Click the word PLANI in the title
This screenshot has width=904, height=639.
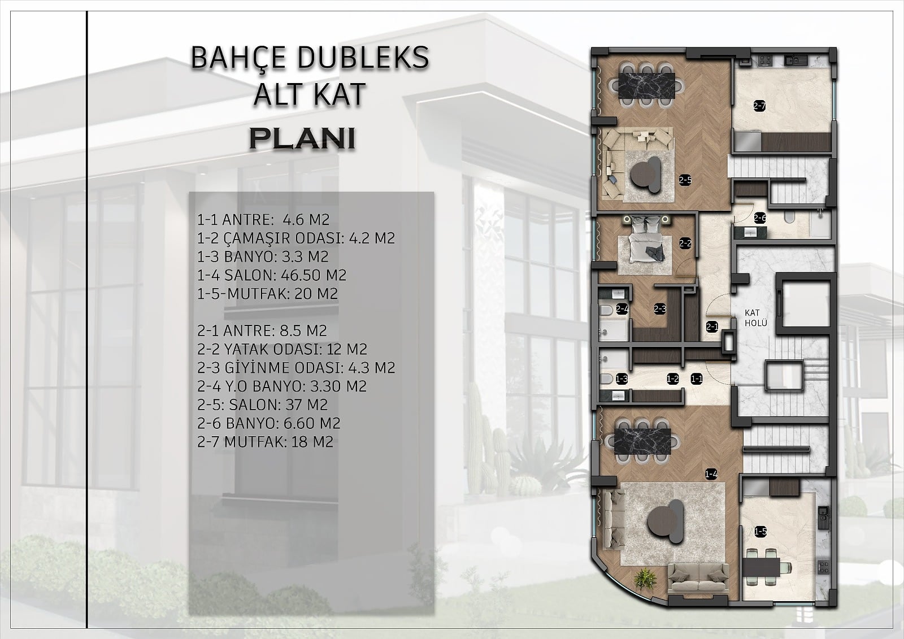[x=302, y=139]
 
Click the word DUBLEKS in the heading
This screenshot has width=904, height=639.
[x=363, y=57]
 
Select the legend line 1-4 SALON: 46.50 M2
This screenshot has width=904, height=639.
[x=272, y=275]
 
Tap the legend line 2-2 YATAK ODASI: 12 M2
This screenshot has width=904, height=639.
[x=282, y=349]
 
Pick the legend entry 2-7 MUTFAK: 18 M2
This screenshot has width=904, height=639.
[x=265, y=442]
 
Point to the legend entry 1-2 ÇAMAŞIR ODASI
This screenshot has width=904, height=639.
[x=296, y=238]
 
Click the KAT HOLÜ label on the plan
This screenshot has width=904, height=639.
[x=755, y=318]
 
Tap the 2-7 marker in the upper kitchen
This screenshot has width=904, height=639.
[x=759, y=106]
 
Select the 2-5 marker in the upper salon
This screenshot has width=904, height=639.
[x=685, y=180]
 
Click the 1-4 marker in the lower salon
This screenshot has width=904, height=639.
[x=711, y=475]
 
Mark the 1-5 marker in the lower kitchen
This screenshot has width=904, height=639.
[x=760, y=532]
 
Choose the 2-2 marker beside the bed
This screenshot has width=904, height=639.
[x=685, y=244]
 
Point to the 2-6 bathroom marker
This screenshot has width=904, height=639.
[x=760, y=218]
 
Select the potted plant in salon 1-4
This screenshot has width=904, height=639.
[x=645, y=580]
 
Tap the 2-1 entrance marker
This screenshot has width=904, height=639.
[x=712, y=327]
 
